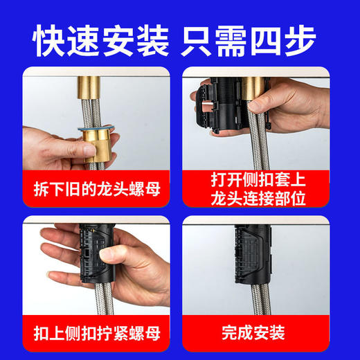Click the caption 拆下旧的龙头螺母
click(96, 188)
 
